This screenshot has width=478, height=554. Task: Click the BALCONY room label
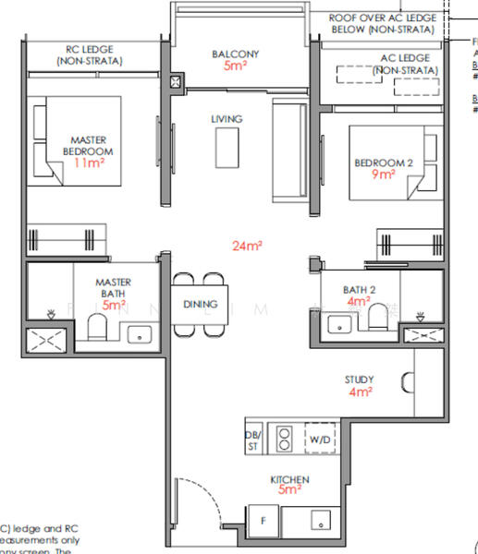pyautogui.click(x=235, y=54)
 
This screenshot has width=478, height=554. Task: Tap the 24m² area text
pyautogui.click(x=248, y=246)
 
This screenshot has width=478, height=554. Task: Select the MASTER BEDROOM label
pyautogui.click(x=88, y=145)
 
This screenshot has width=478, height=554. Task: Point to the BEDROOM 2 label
pyautogui.click(x=383, y=163)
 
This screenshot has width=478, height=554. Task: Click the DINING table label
pyautogui.click(x=200, y=304)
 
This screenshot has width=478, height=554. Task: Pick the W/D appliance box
pyautogui.click(x=320, y=440)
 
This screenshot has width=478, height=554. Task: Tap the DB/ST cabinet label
pyautogui.click(x=252, y=440)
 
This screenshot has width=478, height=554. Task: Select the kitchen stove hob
pyautogui.click(x=285, y=440)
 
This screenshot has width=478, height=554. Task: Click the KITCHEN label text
pyautogui.click(x=290, y=480)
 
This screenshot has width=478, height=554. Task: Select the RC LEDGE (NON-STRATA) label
pyautogui.click(x=90, y=54)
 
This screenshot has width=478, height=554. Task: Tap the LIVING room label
pyautogui.click(x=227, y=119)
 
